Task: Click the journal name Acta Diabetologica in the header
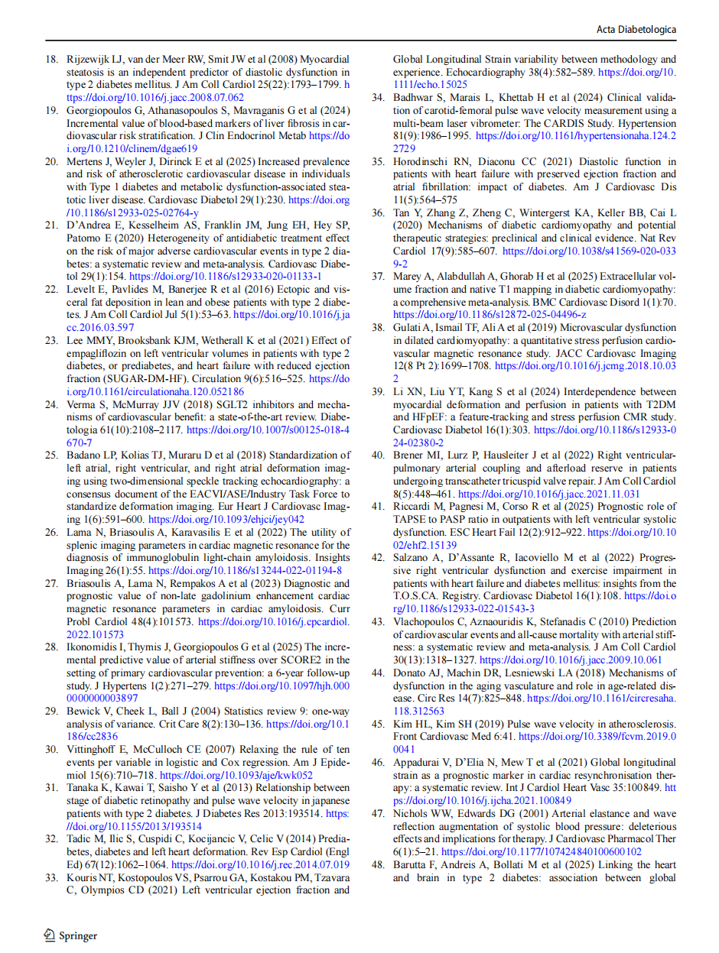pyautogui.click(x=636, y=29)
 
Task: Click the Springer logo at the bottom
pyautogui.click(x=70, y=935)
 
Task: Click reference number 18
pyautogui.click(x=51, y=60)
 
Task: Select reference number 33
pyautogui.click(x=51, y=890)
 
